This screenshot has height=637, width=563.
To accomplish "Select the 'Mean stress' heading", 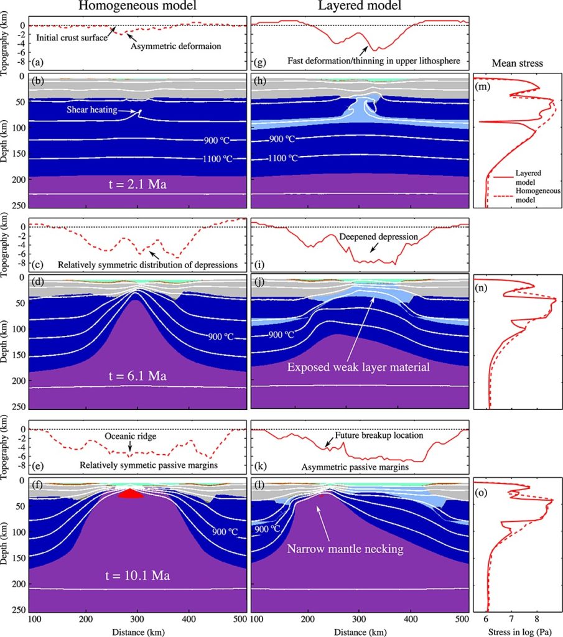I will click(516, 63).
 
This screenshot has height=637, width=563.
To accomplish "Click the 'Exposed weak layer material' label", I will click(359, 368).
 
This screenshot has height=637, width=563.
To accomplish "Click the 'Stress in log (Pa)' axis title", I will click(518, 630).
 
